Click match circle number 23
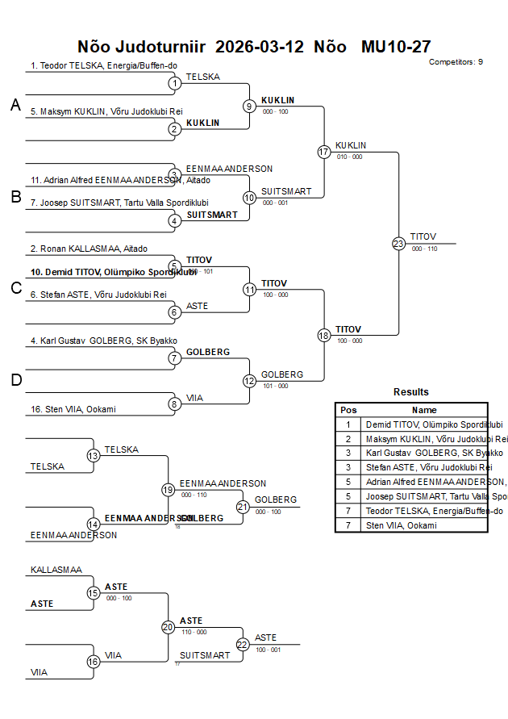point(398,244)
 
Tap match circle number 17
point(324,152)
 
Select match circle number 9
point(249,106)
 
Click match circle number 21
point(243,507)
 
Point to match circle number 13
point(94,456)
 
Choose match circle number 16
point(94,662)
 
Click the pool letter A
point(15,105)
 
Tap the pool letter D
point(15,380)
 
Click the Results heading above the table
point(411,392)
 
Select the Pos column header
point(348,410)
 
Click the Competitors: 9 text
point(456,62)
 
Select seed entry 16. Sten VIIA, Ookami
point(73,409)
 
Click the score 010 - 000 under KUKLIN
point(349,157)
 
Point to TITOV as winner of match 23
point(423,236)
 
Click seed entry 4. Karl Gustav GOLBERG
point(104,341)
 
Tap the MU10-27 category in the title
point(396,47)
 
